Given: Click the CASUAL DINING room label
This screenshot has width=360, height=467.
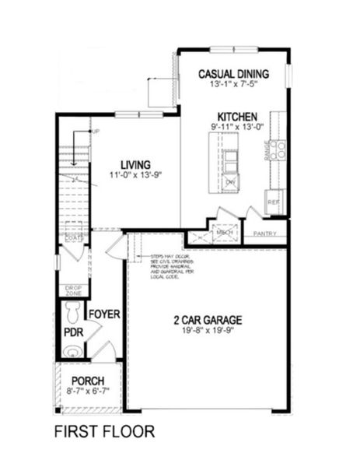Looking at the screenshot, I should pos(232,74).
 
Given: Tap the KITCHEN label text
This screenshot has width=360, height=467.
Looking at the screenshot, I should pos(237,114).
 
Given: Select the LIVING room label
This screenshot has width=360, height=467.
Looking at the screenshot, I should pos(129,164).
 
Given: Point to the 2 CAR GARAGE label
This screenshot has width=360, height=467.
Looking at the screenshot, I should pos(208,319).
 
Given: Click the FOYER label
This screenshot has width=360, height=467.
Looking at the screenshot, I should pos(103,314).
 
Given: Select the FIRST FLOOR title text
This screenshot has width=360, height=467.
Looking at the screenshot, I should pos(104,430).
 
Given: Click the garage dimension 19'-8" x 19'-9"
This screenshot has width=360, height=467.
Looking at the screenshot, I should pos(208,331).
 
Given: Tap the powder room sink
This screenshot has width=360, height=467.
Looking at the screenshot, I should pos(72,352).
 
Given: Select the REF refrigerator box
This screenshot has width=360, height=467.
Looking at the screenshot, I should pos(274,201).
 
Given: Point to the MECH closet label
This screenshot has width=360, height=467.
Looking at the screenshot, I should pos(225,231).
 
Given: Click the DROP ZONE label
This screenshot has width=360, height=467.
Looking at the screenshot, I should pos(73,290).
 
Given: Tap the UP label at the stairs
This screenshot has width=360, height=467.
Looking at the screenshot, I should pos(96,131).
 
